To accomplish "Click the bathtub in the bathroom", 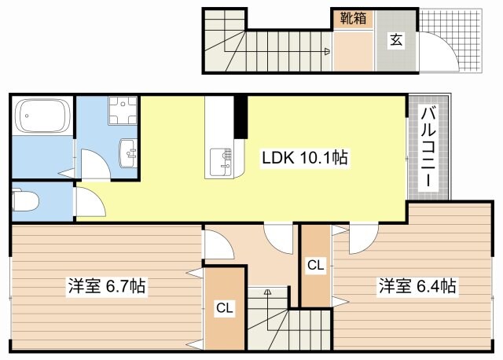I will click(42, 116).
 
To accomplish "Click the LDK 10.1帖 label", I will click(305, 158).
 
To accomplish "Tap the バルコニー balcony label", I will click(429, 146).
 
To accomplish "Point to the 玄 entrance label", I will click(396, 40).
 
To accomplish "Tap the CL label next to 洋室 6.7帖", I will click(225, 309).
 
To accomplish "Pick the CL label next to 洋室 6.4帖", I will click(315, 266).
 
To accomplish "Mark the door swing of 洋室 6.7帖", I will click(218, 244).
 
